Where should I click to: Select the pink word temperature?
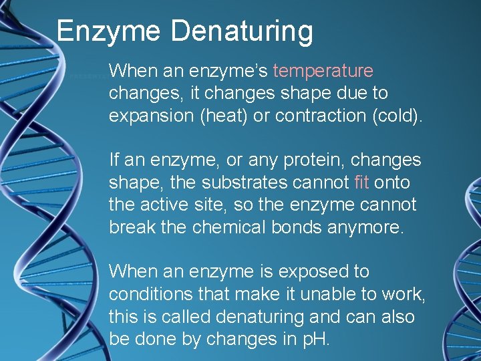323,71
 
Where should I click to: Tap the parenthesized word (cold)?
397,116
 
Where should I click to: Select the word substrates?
240,183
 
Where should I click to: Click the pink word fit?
361,183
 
